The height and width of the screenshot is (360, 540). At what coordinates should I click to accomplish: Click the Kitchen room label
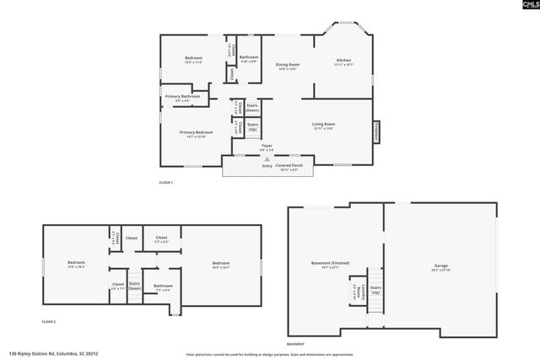tap(343, 61)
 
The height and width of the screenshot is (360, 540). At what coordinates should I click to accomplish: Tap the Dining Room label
tap(288, 67)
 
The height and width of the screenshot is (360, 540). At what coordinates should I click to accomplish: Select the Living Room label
tap(324, 126)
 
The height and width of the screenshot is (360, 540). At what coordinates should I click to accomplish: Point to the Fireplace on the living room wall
tap(376, 132)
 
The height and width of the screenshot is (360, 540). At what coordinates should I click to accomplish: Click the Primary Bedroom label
tap(196, 134)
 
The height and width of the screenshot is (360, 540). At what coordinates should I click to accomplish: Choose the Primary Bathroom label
tap(182, 98)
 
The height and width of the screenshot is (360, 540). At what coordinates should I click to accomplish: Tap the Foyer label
tap(267, 148)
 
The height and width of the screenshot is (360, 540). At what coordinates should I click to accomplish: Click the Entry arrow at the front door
tap(267, 165)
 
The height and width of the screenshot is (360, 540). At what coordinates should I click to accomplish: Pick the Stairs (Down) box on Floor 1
tap(252, 108)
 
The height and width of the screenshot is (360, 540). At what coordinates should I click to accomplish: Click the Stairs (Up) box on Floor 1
tap(252, 127)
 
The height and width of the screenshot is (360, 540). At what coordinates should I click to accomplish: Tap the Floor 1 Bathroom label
tap(248, 59)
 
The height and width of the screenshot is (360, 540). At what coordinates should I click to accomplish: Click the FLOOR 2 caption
tap(49, 322)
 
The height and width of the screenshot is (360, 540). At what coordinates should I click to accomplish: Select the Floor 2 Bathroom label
tap(163, 287)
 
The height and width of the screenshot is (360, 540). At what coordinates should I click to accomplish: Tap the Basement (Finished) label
tap(324, 265)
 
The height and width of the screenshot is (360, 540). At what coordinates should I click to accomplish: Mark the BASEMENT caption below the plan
tap(295, 344)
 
